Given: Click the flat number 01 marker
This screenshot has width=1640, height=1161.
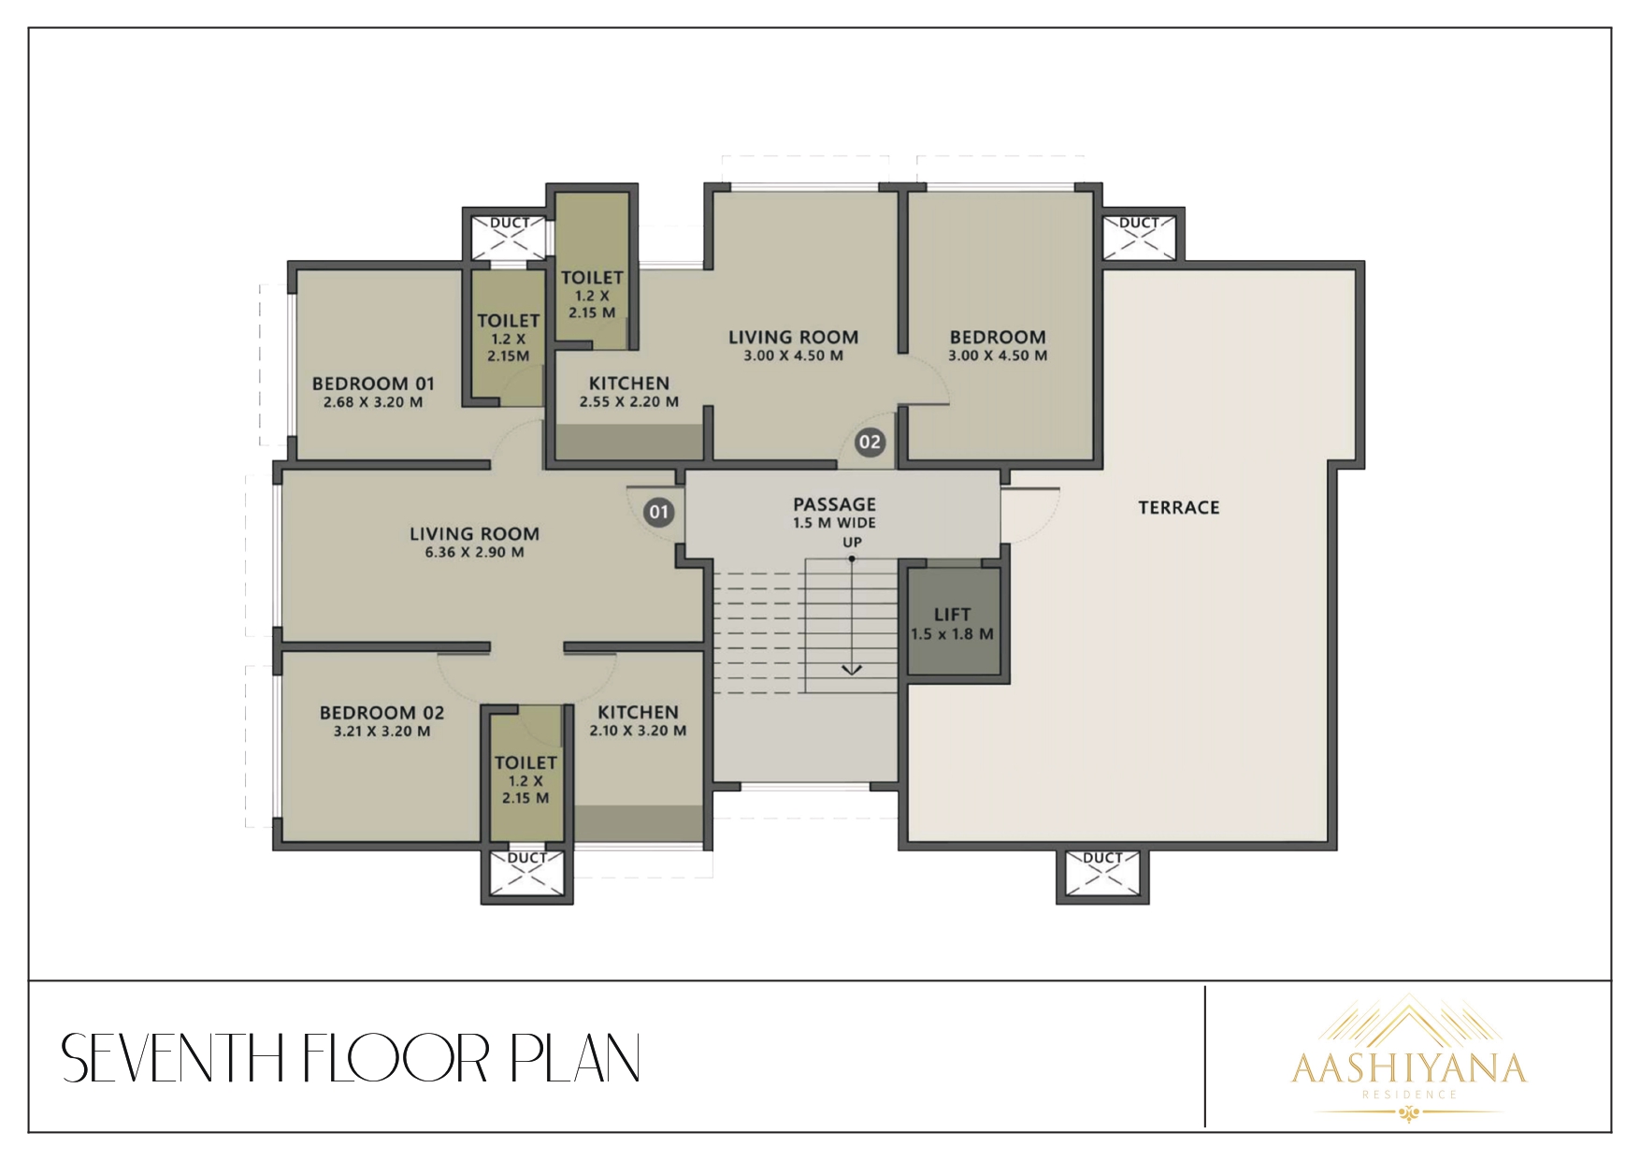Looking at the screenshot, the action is (659, 512).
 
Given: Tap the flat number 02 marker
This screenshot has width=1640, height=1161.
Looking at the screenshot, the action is (870, 442).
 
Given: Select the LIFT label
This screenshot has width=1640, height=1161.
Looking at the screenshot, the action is (953, 615).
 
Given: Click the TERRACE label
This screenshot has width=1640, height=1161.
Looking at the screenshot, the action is (1179, 507).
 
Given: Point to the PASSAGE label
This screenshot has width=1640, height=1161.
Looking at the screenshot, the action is (834, 505).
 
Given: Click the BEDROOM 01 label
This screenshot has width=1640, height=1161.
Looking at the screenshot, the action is (373, 384).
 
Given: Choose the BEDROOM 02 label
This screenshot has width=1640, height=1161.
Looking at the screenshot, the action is (382, 713).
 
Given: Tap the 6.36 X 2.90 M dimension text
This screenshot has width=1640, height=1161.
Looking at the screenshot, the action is (474, 552).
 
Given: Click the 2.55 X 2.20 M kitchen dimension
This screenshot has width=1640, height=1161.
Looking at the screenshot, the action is (629, 402).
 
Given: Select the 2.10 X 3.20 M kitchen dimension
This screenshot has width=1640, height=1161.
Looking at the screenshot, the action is (638, 731).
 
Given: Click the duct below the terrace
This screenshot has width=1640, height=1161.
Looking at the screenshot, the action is (1101, 876).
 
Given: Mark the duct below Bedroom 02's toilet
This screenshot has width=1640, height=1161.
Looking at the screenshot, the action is (527, 876).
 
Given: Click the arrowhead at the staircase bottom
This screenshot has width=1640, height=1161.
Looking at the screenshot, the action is (851, 669).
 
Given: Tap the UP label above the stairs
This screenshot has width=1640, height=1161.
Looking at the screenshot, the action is (852, 543).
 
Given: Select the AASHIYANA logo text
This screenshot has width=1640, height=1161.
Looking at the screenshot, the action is (1409, 1068).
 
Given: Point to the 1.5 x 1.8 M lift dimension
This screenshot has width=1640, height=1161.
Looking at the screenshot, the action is (953, 634).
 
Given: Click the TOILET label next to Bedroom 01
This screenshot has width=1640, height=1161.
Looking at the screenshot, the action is (509, 321).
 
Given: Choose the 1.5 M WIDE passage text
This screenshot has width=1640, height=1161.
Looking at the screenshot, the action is (834, 524).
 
